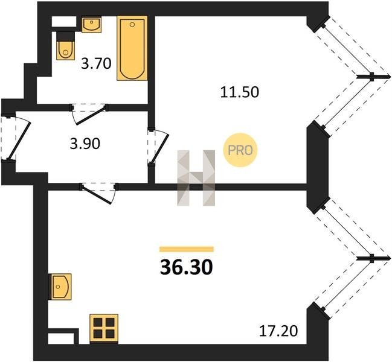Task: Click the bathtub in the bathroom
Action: point(132,48)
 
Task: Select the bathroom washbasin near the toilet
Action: point(91,25)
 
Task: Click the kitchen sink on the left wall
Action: point(61,287)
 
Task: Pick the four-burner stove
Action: point(104,329)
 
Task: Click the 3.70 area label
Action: point(96,63)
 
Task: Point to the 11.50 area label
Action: point(240,92)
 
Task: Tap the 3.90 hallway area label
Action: point(85,144)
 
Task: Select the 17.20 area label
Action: point(278,331)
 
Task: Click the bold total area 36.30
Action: point(187,267)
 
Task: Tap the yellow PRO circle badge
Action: point(240,150)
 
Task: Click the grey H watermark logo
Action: point(196,178)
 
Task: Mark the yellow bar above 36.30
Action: point(187,249)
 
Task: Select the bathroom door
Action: point(89,114)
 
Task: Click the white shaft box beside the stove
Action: point(61,338)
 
